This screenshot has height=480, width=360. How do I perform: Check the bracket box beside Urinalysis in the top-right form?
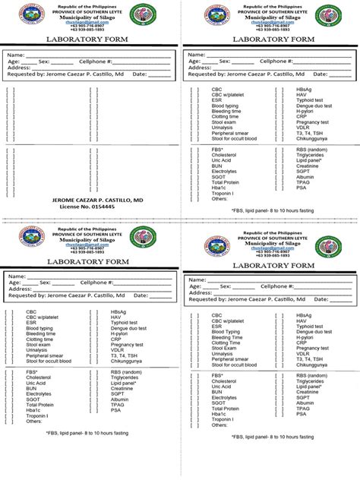(195, 128)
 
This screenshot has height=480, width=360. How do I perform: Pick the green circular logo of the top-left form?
(144, 15)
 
